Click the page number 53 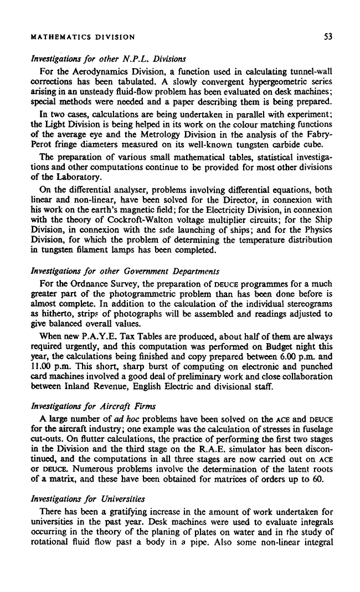328,38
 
